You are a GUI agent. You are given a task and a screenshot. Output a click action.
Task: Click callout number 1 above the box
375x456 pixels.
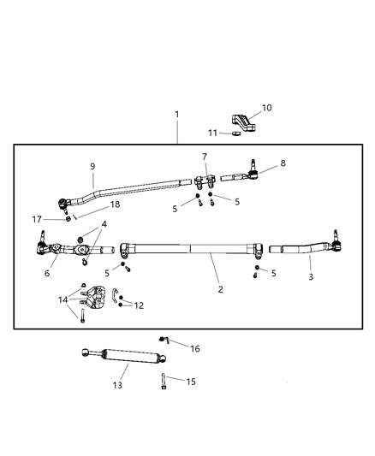coord(177,114)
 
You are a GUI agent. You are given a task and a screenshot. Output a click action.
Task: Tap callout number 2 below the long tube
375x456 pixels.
coord(220,289)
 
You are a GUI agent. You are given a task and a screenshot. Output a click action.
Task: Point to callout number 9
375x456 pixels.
coord(92,167)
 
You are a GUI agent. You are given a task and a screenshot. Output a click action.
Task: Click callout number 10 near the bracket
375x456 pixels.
coord(266,108)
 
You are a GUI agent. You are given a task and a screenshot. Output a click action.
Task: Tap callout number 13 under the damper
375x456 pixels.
coord(117,385)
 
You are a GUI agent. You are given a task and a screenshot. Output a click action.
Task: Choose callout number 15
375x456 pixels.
coord(191,382)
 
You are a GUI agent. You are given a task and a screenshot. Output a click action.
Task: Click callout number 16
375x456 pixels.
coord(194,349)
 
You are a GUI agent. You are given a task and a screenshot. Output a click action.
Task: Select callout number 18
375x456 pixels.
coord(115,205)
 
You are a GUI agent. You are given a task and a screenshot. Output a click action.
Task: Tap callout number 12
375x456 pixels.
coord(139,305)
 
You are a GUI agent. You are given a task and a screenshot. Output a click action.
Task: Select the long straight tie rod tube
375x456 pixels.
coord(193,250)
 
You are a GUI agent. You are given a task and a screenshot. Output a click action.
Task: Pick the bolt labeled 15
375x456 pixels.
coord(163,382)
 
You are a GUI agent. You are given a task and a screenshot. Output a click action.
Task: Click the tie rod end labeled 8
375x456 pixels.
coord(241,178)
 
